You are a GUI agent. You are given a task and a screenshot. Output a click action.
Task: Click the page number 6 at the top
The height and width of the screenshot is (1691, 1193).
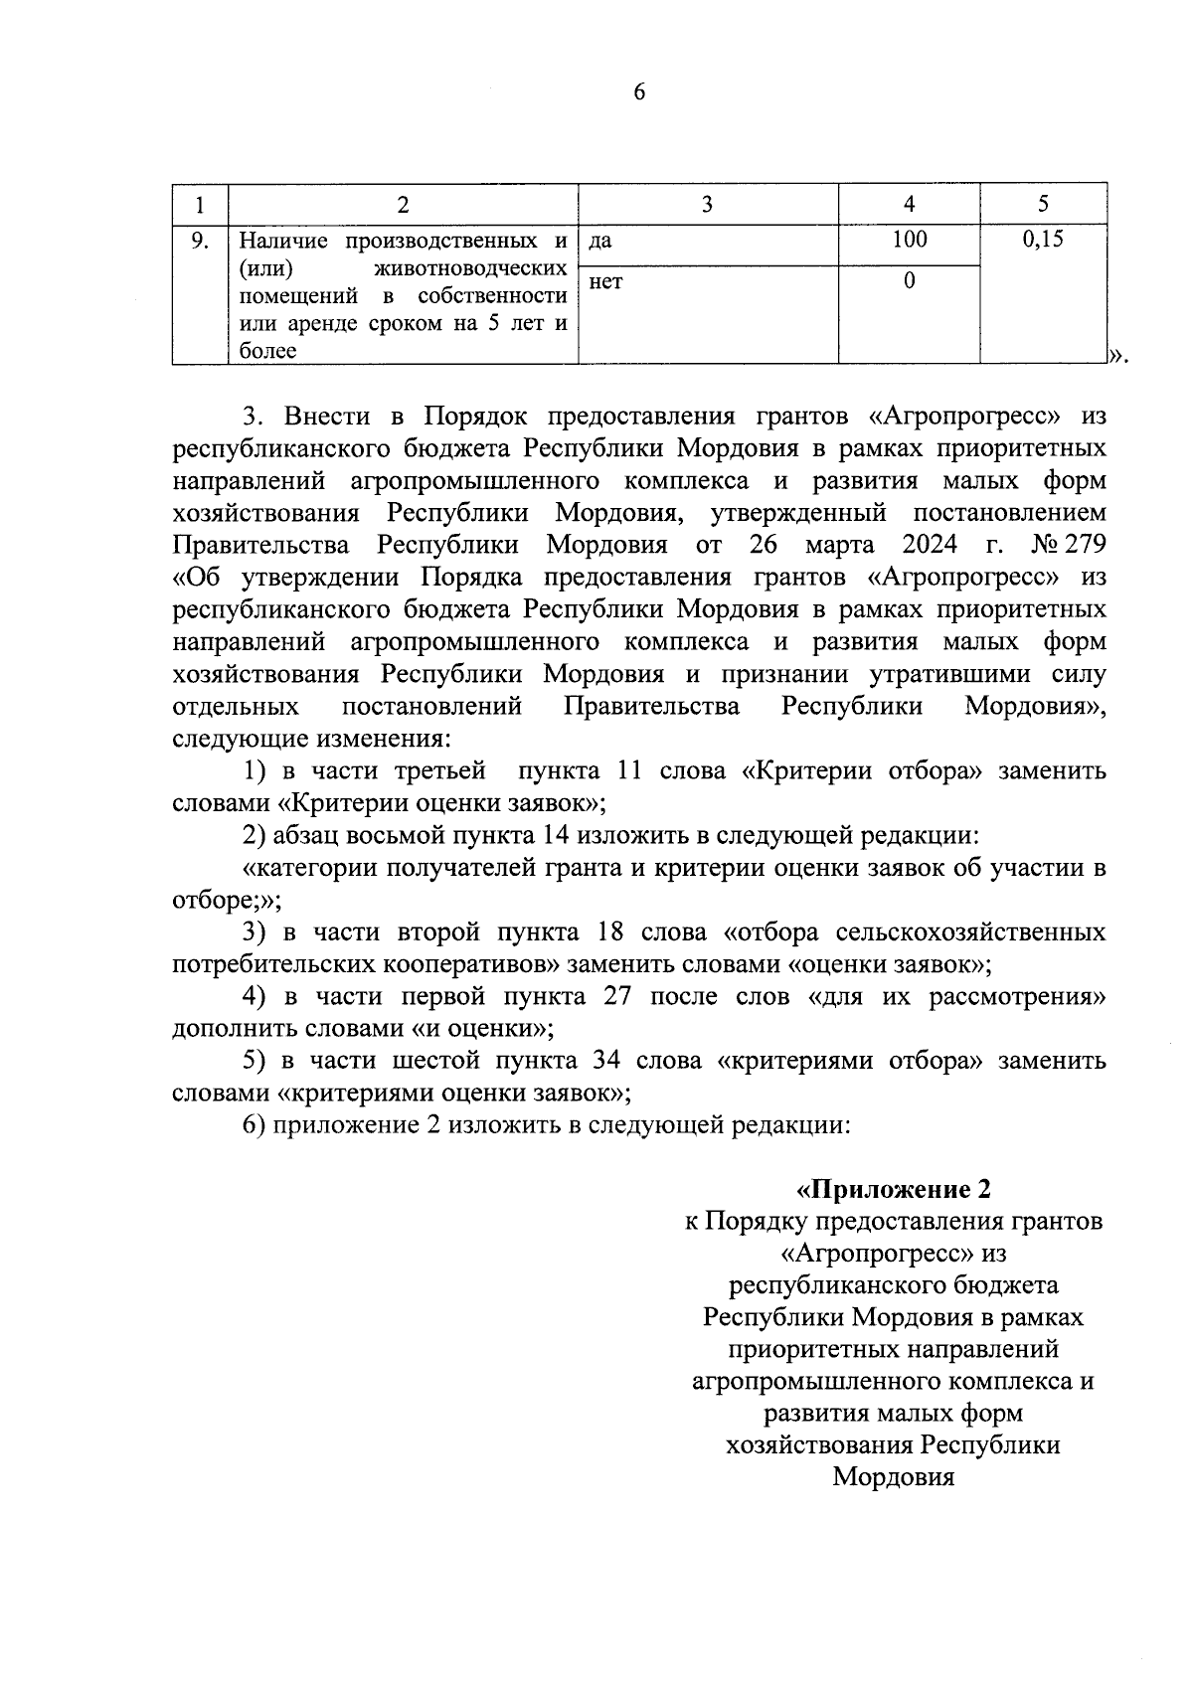pos(637,92)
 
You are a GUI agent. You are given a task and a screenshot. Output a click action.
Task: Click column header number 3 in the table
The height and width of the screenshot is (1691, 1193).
pos(707,204)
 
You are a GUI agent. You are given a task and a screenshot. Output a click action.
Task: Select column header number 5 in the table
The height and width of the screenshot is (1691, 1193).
pos(1042,204)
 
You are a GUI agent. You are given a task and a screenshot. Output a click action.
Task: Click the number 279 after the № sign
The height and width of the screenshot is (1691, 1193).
pos(1085,545)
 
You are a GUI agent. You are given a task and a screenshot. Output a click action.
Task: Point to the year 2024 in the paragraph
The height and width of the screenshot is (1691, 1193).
pos(931,545)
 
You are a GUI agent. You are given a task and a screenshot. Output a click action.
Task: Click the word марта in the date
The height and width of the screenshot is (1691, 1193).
pos(840,545)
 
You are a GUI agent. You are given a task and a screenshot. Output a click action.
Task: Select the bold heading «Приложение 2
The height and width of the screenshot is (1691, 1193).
pos(894,1189)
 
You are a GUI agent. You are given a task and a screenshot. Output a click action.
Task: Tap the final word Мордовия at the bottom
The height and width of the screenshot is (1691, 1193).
pos(893,1476)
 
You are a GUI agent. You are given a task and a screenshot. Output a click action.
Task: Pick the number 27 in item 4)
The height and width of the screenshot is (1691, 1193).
pos(617,996)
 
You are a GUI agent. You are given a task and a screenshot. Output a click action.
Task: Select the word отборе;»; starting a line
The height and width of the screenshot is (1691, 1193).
pos(227,901)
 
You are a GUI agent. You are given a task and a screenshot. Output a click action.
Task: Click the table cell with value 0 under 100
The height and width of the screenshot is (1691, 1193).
pos(909,281)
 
